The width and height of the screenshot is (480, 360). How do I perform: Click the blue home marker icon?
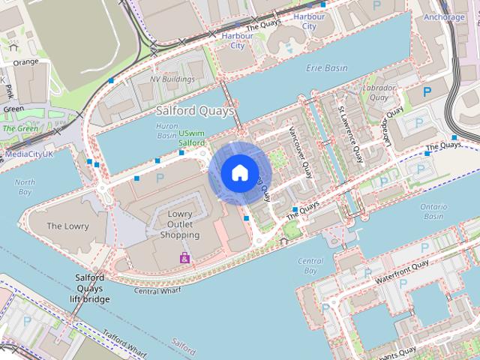(238, 173)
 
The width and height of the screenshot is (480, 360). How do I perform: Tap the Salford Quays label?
(195, 111)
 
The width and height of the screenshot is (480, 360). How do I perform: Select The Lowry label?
(67, 226)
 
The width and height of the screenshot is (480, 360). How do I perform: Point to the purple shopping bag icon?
(184, 258)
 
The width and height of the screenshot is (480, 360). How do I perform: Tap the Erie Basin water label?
(327, 68)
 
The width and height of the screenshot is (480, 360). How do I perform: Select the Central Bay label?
(310, 266)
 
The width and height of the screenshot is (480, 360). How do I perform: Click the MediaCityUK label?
(29, 154)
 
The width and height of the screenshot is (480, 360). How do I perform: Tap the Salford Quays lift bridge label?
(90, 288)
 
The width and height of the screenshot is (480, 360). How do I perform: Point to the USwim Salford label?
(192, 138)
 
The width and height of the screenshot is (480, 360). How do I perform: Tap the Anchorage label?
(444, 16)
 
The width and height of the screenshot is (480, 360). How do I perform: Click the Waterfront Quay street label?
(402, 269)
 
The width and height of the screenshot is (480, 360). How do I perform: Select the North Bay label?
(25, 187)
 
